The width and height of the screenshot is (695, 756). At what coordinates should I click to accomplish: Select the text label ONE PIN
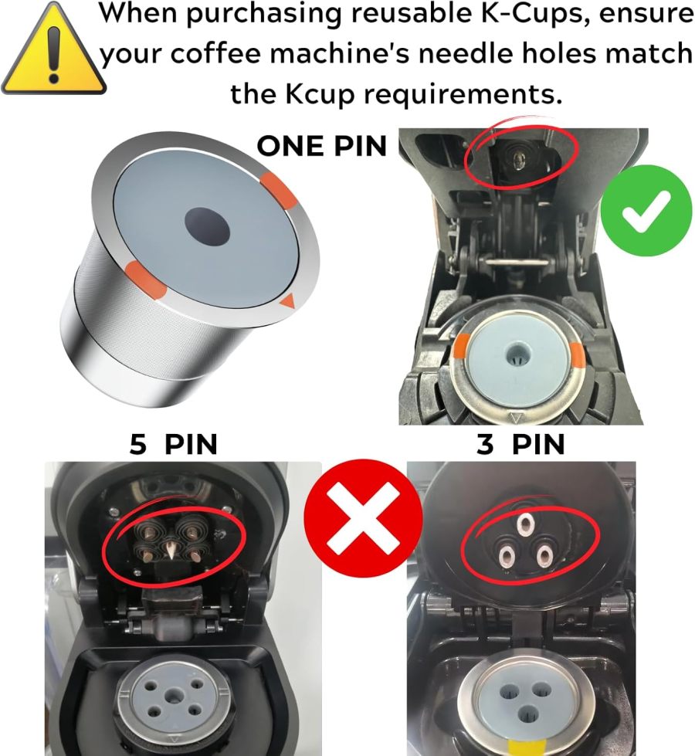coord(321,146)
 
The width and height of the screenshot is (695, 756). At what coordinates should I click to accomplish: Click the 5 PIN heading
coord(173,445)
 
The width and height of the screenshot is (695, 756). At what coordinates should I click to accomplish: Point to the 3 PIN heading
coord(521,445)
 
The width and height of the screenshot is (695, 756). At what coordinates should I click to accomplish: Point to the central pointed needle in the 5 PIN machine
coord(168,549)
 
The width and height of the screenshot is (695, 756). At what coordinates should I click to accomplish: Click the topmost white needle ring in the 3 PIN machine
coord(526,524)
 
